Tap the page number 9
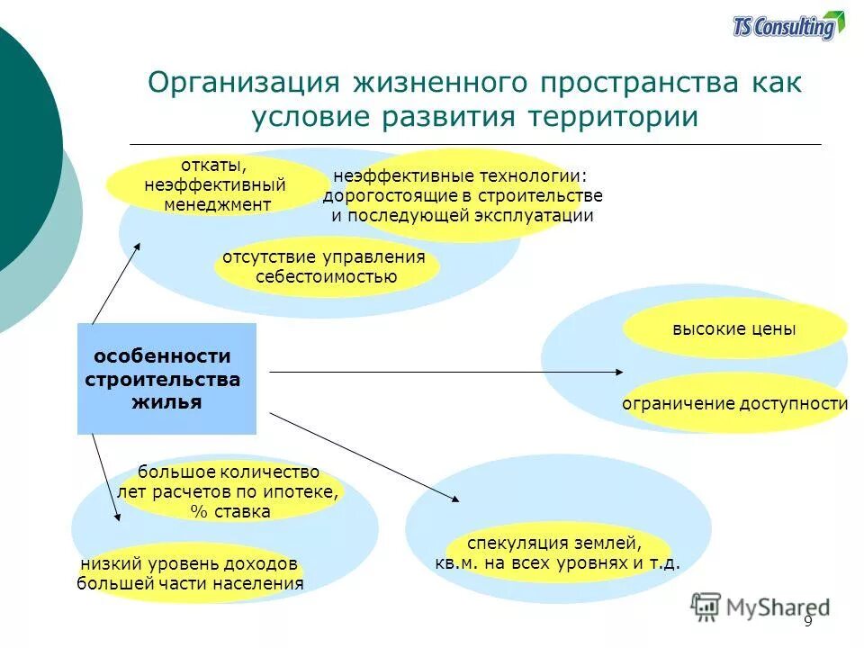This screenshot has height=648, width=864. point(807,621)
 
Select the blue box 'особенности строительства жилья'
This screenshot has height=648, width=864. point(166,379)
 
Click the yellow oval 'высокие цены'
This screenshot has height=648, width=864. point(733,328)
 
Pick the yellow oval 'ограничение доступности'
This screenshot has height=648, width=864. point(734,403)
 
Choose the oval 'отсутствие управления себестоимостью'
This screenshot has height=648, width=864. point(325,266)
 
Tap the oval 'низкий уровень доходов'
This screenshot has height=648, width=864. point(189,573)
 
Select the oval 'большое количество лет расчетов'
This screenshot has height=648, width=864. point(229,491)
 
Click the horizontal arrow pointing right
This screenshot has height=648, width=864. point(445,371)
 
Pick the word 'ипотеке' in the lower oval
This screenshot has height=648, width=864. point(304,491)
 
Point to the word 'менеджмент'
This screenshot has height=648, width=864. point(217,204)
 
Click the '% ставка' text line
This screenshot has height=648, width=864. point(229,511)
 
